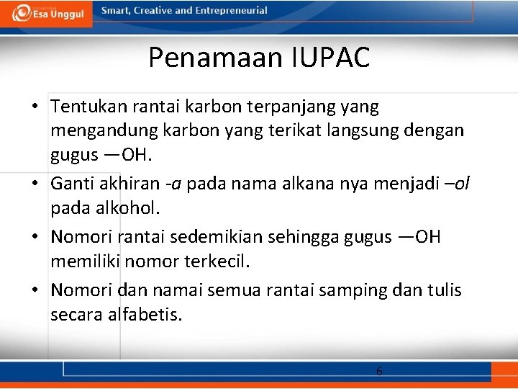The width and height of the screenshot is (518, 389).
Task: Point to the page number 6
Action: (379, 372)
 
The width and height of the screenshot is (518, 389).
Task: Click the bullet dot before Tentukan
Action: (35, 107)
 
